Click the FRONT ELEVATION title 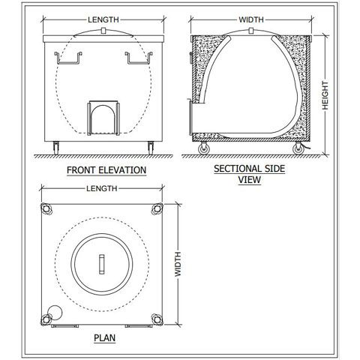106,170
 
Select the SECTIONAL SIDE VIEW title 250,174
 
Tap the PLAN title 104,338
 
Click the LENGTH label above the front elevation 103,19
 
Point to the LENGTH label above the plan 102,188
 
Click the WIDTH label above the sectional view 251,19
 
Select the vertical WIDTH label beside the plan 178,264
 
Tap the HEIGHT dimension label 325,95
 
